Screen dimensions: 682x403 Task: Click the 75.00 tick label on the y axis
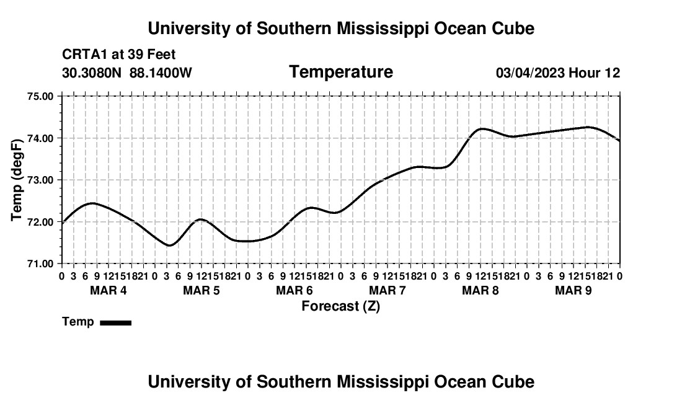click(40, 96)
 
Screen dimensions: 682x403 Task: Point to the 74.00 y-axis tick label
click(40, 138)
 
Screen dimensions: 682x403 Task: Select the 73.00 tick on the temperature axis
click(40, 180)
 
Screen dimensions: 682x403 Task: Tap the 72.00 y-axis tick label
click(40, 222)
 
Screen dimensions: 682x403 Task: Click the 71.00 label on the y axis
click(40, 264)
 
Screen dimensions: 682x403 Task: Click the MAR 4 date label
click(108, 290)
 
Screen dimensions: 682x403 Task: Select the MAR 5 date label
click(201, 290)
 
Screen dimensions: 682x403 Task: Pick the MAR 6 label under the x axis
click(294, 290)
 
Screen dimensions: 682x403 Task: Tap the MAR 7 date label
click(387, 290)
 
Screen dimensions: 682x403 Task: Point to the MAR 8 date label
click(480, 290)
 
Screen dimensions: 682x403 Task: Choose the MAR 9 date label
click(573, 290)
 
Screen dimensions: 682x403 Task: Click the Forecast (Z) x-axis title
click(341, 306)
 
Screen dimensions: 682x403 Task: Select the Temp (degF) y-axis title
click(17, 180)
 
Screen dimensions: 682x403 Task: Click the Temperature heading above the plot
click(341, 72)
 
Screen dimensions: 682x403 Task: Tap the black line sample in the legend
click(116, 322)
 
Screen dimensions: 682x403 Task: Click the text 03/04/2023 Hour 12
click(558, 73)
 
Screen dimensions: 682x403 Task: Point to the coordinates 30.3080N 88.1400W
click(127, 73)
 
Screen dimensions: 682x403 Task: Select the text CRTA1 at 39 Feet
click(119, 55)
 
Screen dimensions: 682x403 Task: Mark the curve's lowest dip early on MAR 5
click(170, 246)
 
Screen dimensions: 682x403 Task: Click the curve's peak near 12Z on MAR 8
click(482, 129)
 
